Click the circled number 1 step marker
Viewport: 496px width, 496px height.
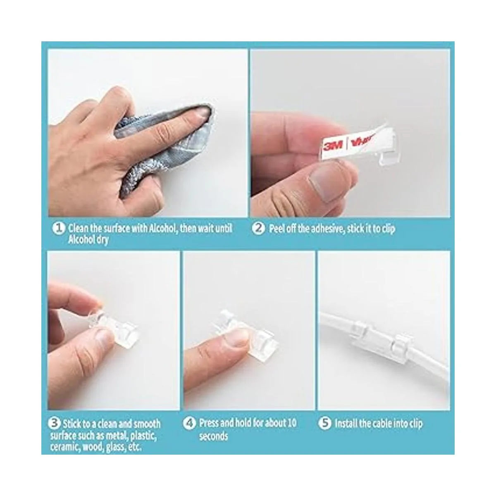pyautogui.click(x=59, y=228)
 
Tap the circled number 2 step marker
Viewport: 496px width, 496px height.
pyautogui.click(x=258, y=228)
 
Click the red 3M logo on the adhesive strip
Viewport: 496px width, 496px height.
pyautogui.click(x=333, y=146)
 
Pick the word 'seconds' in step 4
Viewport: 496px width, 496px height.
pyautogui.click(x=213, y=436)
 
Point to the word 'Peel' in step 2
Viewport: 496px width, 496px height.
pyautogui.click(x=277, y=228)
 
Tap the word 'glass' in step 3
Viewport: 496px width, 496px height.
pyautogui.click(x=116, y=447)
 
